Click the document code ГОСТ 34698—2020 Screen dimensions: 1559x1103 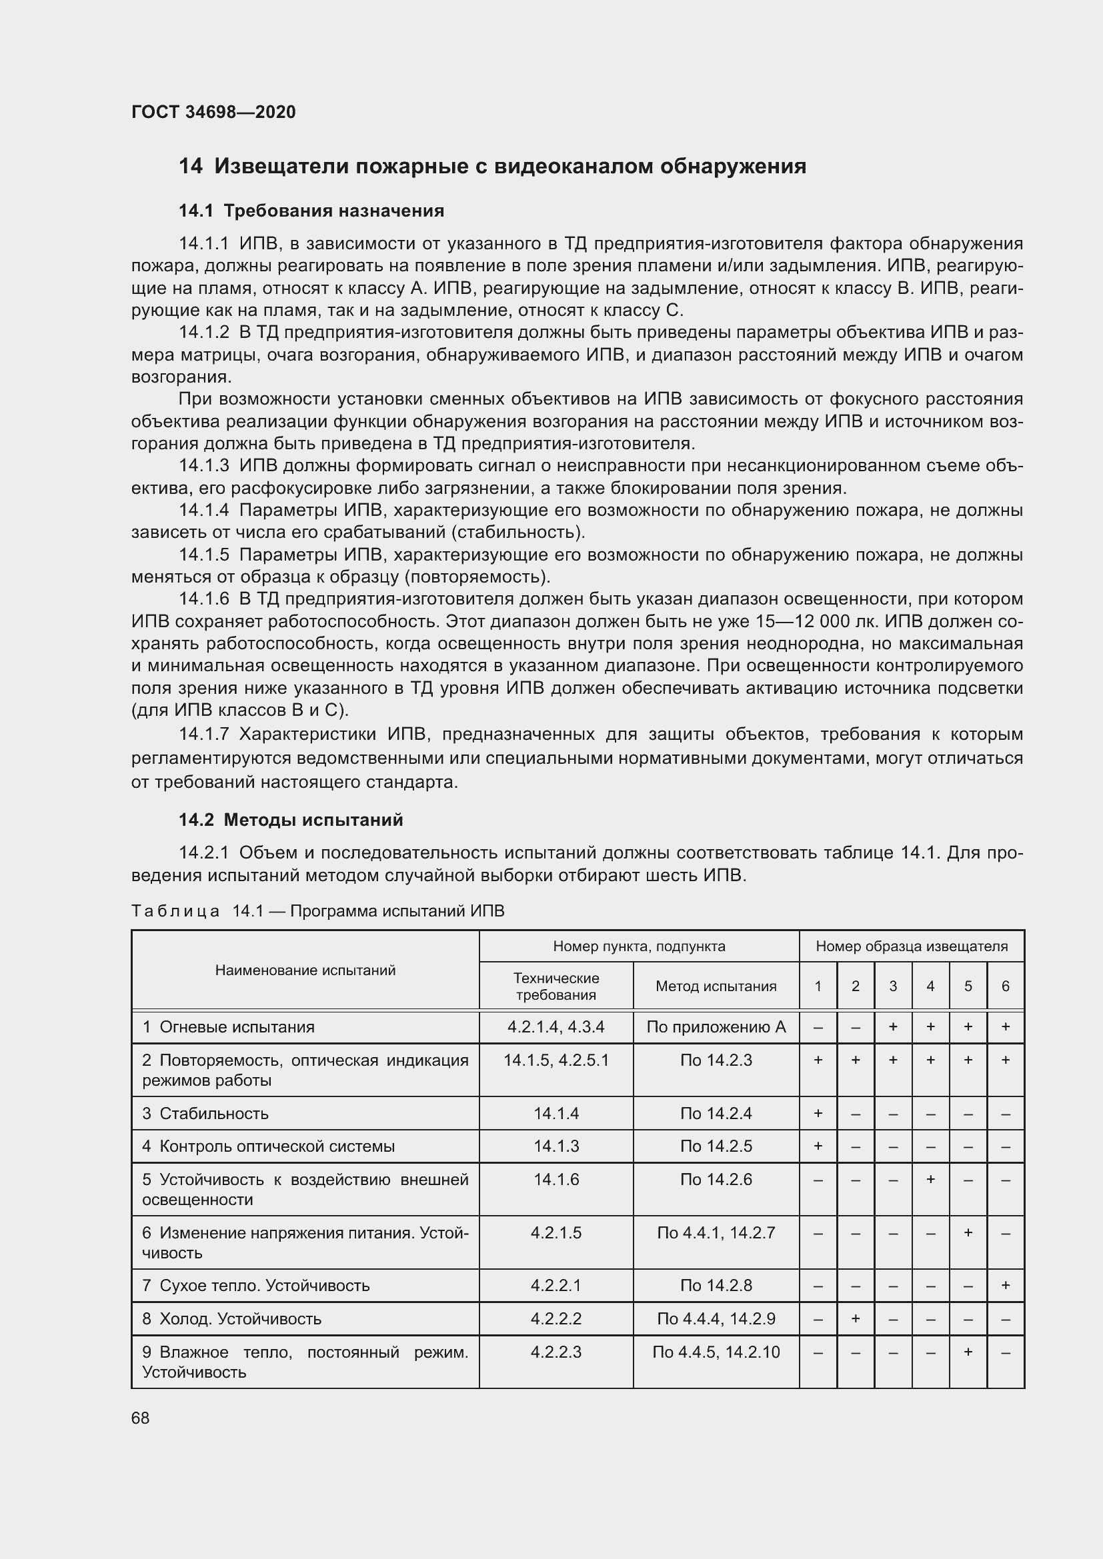pyautogui.click(x=213, y=112)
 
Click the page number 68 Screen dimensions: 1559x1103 pyautogui.click(x=141, y=1418)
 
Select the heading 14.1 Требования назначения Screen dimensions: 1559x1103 pyautogui.click(x=311, y=211)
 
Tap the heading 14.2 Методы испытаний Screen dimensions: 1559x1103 pyautogui.click(x=291, y=820)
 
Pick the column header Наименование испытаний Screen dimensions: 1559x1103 pyautogui.click(x=305, y=970)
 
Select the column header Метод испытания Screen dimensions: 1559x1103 pyautogui.click(x=715, y=986)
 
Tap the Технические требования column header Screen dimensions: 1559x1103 pyautogui.click(x=556, y=986)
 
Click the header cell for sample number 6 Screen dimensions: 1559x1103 pyautogui.click(x=1005, y=986)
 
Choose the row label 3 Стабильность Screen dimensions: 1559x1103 pyautogui.click(x=205, y=1113)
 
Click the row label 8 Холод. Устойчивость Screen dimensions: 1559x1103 pyautogui.click(x=231, y=1318)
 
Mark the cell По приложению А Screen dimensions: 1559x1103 pyautogui.click(x=715, y=1026)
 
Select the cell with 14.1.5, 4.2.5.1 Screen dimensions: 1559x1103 pyautogui.click(x=556, y=1060)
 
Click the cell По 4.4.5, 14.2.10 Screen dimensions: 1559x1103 pyautogui.click(x=715, y=1352)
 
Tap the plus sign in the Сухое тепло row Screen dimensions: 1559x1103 pyautogui.click(x=1005, y=1285)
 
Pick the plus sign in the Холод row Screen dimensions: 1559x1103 pyautogui.click(x=855, y=1318)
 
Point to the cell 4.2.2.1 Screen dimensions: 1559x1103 pyautogui.click(x=556, y=1285)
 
